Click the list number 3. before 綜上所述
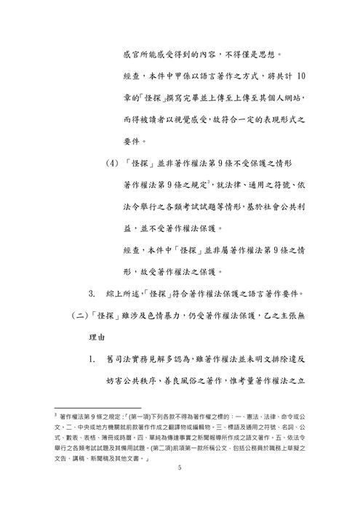point(92,294)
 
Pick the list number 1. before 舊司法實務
point(92,359)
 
